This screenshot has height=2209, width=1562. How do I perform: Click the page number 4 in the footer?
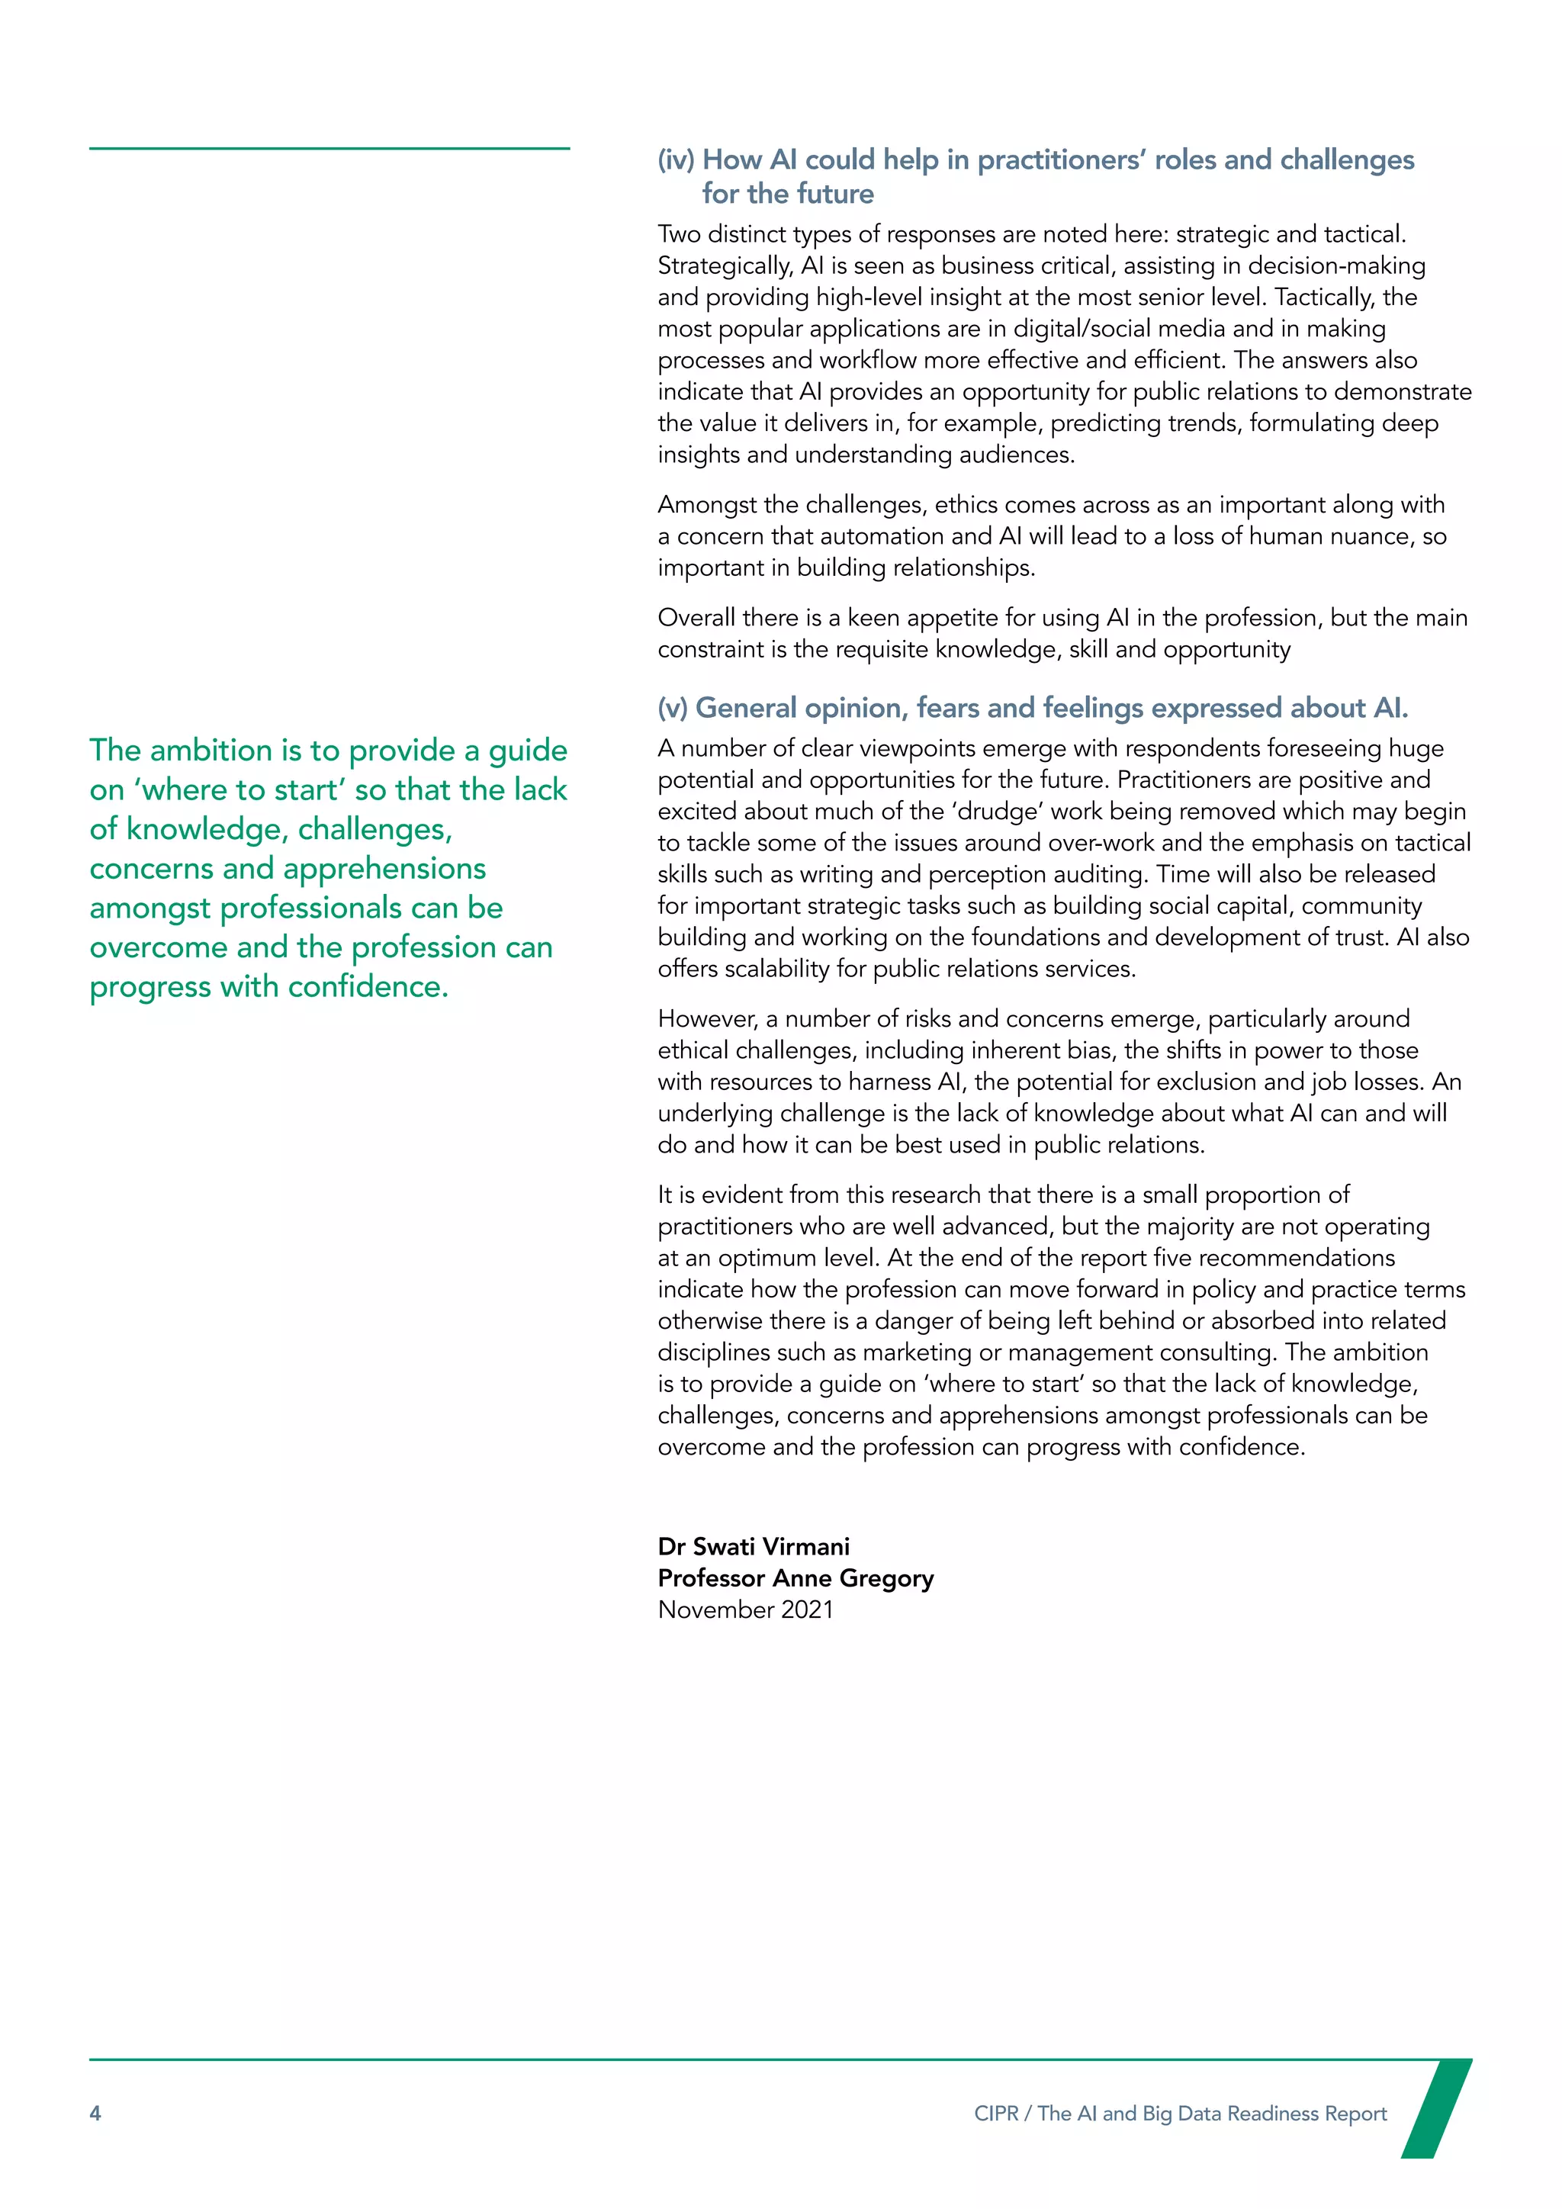coord(95,2113)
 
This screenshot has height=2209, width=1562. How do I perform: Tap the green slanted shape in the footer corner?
coord(1436,2107)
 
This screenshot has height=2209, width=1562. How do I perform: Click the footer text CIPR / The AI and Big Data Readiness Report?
coord(1180,2113)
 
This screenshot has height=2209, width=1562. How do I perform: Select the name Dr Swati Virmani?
coord(753,1546)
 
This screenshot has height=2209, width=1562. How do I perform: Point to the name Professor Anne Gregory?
coord(795,1578)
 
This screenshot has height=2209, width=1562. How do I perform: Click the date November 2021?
coord(745,1609)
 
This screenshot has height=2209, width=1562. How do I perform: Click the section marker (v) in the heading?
coord(672,708)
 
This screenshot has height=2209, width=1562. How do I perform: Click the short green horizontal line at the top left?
coord(329,148)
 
